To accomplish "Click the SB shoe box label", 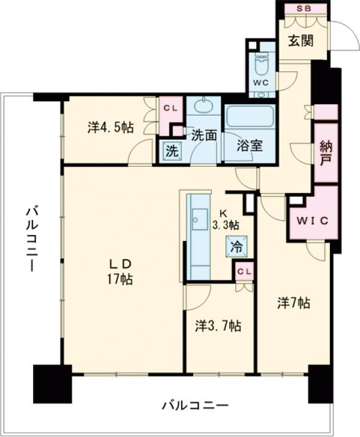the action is coord(303,8).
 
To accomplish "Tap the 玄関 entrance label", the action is coord(301,41).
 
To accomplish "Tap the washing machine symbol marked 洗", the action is coord(172,151).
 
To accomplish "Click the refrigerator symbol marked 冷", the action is coord(236,246).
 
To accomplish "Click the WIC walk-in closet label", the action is coord(313,221).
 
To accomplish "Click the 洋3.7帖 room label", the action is coord(218,326).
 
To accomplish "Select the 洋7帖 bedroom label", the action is coord(293,303).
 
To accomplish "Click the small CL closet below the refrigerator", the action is coord(245,270).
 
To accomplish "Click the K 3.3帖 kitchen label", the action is coord(226,219).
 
